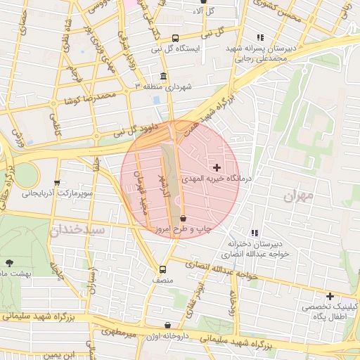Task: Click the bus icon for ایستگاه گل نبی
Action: click(175, 38)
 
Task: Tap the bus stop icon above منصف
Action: click(163, 269)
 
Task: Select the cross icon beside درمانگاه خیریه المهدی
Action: click(217, 167)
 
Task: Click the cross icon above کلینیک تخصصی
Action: click(329, 296)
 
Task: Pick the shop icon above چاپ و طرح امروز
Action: click(183, 218)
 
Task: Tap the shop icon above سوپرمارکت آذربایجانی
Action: click(57, 182)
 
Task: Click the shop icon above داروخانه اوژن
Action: click(167, 325)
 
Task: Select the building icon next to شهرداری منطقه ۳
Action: click(163, 76)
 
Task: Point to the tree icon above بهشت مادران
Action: click(9, 263)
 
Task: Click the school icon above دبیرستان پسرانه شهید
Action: click(260, 37)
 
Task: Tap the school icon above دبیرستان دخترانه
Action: click(255, 233)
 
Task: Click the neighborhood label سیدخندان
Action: click(77, 229)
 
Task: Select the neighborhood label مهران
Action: click(297, 195)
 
